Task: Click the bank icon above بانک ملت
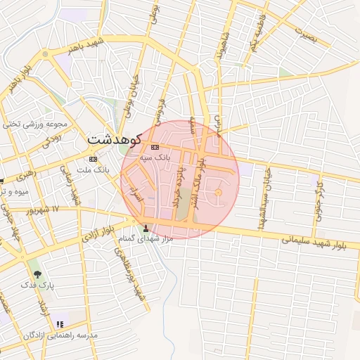click(x=93, y=159)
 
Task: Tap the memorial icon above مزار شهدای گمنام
click(x=146, y=228)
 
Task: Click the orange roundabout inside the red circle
click(x=218, y=193)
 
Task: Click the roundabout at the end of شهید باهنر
click(x=45, y=53)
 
